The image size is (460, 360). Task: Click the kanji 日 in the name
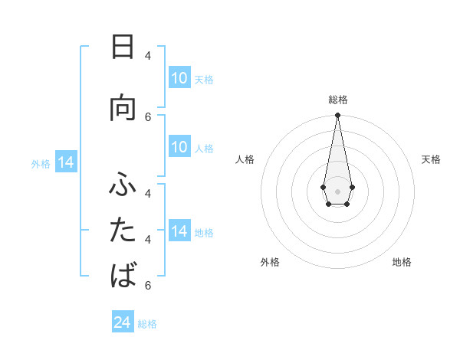(x=123, y=47)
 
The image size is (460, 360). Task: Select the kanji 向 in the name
(x=123, y=108)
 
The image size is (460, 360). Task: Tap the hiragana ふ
(x=123, y=185)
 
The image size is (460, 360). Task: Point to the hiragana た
(x=123, y=229)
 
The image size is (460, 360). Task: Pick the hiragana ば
(x=123, y=273)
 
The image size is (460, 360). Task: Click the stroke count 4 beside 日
(x=148, y=55)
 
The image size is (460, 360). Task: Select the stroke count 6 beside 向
(x=148, y=116)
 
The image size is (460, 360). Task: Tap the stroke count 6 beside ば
(x=148, y=285)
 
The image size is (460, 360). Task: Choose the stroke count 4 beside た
(x=148, y=240)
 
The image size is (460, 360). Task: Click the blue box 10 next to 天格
(x=179, y=78)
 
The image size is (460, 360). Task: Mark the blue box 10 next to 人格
(x=179, y=147)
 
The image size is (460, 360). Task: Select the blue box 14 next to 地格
(x=179, y=231)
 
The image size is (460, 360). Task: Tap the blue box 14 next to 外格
(x=66, y=163)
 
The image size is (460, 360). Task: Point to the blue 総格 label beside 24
(x=148, y=324)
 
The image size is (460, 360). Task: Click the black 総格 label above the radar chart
(x=337, y=100)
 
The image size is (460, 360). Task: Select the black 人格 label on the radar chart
(x=245, y=159)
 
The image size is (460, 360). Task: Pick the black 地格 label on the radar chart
(x=402, y=262)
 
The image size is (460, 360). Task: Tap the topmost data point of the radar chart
(x=337, y=116)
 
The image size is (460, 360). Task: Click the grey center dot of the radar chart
(x=337, y=190)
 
